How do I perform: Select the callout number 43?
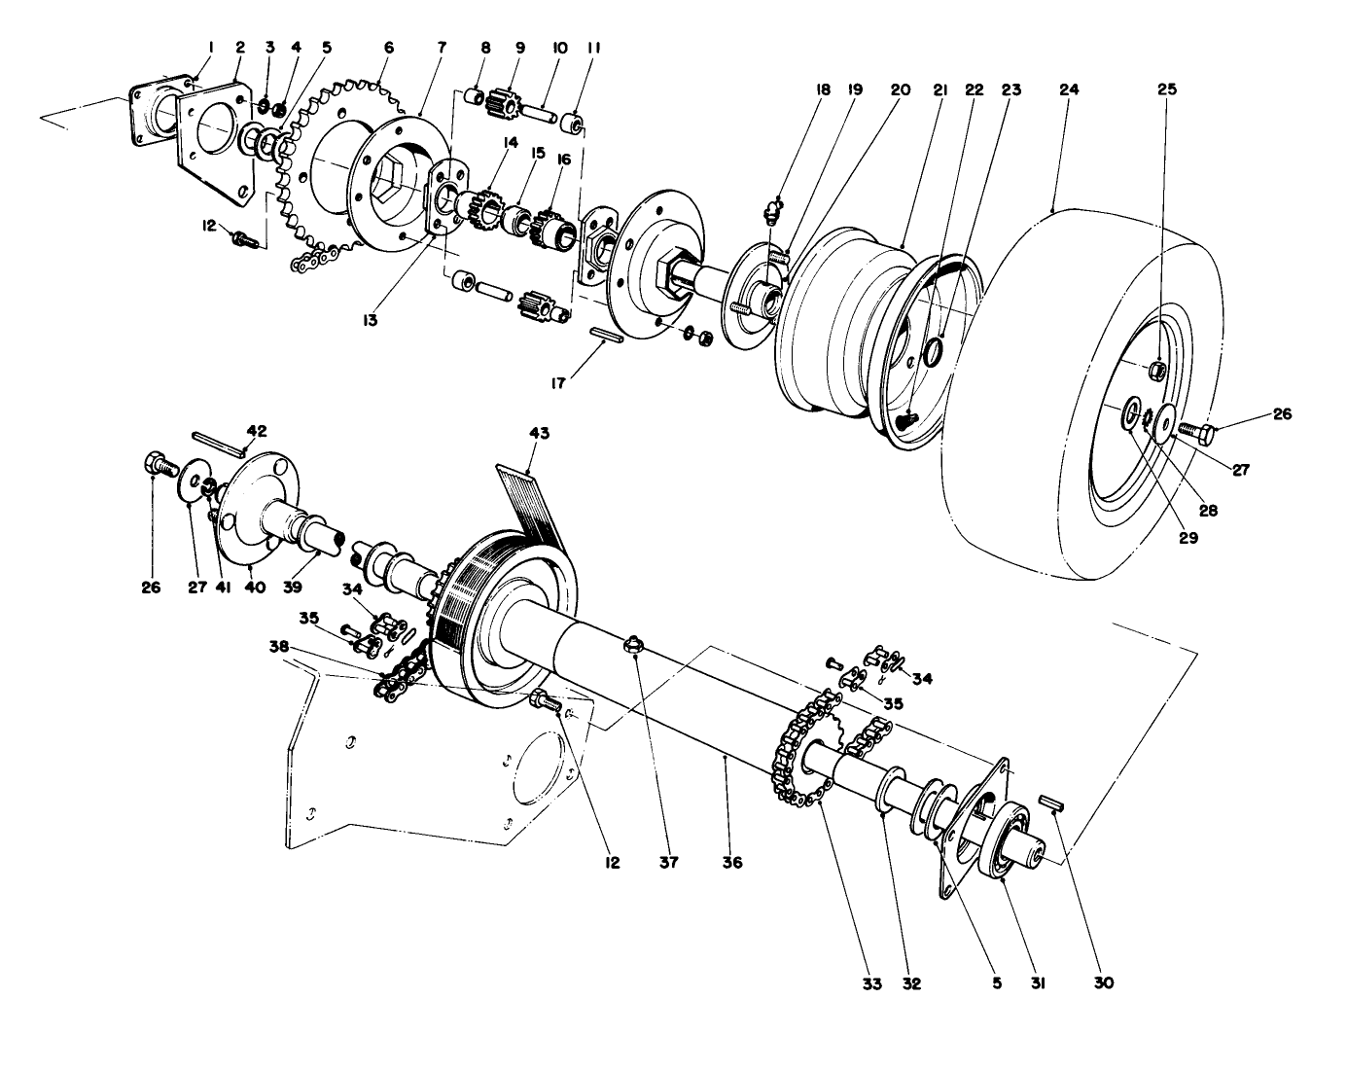pyautogui.click(x=539, y=434)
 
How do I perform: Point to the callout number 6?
pyautogui.click(x=389, y=48)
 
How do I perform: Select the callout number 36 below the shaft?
pyautogui.click(x=732, y=862)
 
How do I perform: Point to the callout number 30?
pyautogui.click(x=1102, y=983)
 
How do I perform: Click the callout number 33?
pyautogui.click(x=871, y=983)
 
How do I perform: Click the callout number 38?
pyautogui.click(x=280, y=646)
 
